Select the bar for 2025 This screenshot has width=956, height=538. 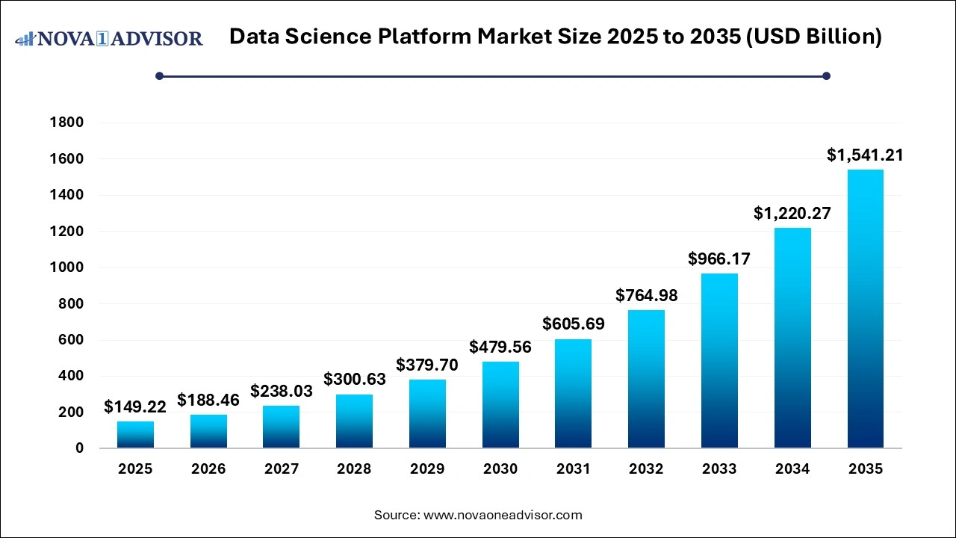(135, 434)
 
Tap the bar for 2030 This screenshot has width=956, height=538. (500, 404)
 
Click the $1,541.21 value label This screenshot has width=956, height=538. (865, 155)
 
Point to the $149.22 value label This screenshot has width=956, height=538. (135, 406)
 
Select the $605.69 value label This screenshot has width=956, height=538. (574, 324)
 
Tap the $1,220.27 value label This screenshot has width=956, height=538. (792, 214)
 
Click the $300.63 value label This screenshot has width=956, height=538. (355, 379)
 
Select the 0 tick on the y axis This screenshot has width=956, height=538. (79, 448)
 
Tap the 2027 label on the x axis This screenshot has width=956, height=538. (282, 469)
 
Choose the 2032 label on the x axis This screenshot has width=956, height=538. (646, 469)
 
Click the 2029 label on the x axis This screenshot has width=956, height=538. (427, 469)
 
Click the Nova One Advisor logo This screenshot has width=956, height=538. (109, 38)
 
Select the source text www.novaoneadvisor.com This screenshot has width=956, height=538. (503, 515)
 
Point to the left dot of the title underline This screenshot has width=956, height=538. (159, 75)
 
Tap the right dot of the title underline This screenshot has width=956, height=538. (826, 75)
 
